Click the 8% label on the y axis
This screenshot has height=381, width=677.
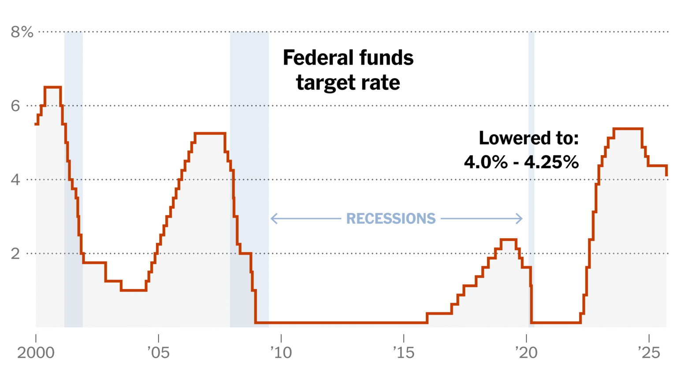coord(22,32)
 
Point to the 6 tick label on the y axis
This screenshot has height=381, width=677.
coord(16,106)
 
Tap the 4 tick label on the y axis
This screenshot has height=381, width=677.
coord(16,180)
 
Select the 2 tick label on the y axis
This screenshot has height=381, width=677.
coord(16,254)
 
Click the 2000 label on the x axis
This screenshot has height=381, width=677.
coord(36,353)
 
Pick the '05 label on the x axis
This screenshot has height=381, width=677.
coord(158,353)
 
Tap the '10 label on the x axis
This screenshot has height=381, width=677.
coord(281,353)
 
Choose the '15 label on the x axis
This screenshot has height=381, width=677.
coord(403,353)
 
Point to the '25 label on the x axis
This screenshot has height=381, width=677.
coord(649,353)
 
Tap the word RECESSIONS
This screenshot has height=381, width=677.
coord(391,218)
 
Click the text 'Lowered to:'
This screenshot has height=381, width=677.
coord(528,138)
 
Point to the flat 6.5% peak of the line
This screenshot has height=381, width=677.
coord(52,87)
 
